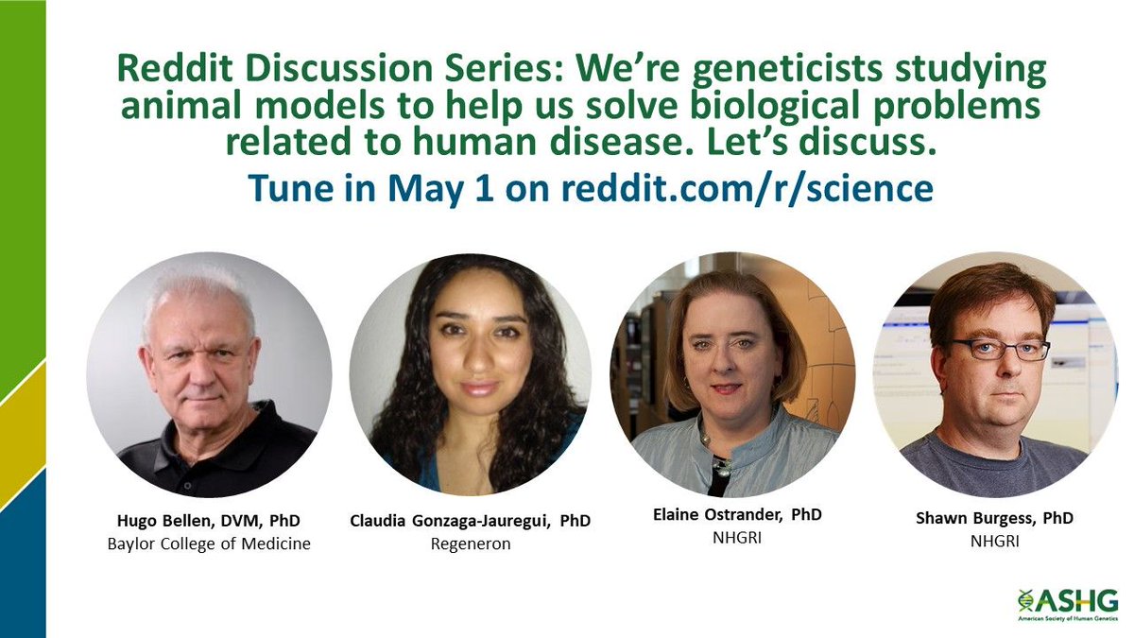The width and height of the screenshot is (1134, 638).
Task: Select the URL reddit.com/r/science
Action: pyautogui.click(x=747, y=188)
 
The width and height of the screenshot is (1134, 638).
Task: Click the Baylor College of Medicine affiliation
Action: pyautogui.click(x=209, y=543)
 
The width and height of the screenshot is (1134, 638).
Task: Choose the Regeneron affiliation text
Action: pyautogui.click(x=471, y=545)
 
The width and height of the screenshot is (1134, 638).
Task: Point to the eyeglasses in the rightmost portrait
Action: pyautogui.click(x=999, y=349)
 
